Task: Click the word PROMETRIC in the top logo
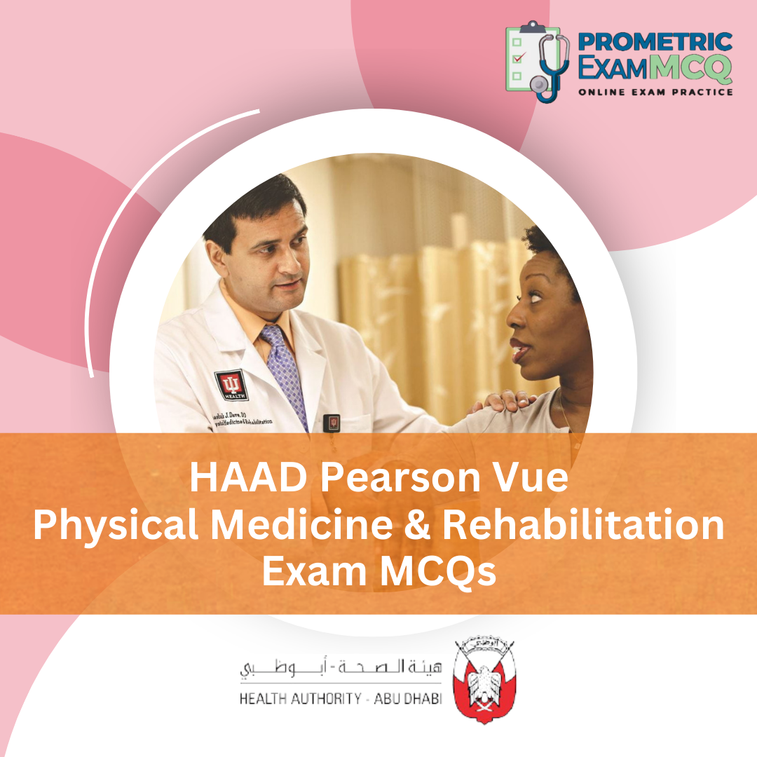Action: pyautogui.click(x=655, y=41)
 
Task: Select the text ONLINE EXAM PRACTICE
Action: pyautogui.click(x=655, y=92)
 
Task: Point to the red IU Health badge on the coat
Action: pyautogui.click(x=231, y=385)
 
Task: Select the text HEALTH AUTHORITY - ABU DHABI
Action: pyautogui.click(x=341, y=700)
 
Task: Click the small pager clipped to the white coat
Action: pyautogui.click(x=334, y=423)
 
